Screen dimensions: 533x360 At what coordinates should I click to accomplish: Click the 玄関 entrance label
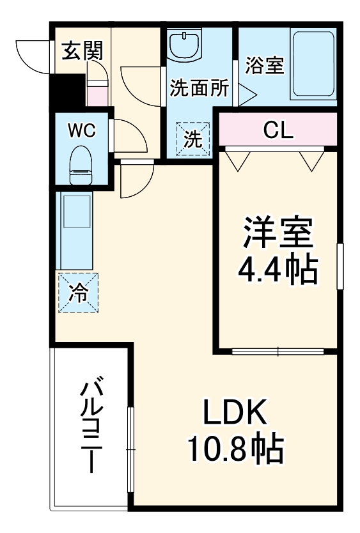82,52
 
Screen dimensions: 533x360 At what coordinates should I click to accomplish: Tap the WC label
82,132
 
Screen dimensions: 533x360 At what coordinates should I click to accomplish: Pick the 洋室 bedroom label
278,234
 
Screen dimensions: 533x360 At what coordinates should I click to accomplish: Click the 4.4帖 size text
278,272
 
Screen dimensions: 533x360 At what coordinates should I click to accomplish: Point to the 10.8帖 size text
234,451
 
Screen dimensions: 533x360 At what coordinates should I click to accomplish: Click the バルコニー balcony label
91,427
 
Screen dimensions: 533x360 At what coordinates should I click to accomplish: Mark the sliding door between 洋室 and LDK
278,350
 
